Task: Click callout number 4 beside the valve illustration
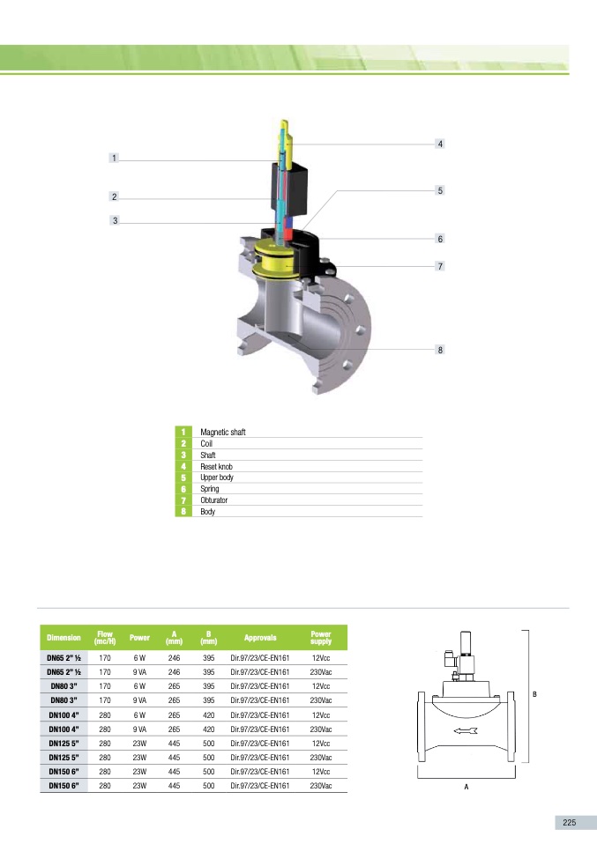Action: pos(440,144)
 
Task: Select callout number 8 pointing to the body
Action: pos(440,350)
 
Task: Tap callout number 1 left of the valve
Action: pos(114,158)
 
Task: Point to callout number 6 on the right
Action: pos(440,239)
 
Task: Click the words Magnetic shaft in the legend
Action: pos(222,432)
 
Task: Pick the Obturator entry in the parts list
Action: pos(214,500)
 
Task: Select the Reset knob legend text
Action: pos(216,466)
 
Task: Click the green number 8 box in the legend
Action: pos(183,511)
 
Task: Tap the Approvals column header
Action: pos(260,638)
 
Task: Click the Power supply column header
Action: pos(321,638)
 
